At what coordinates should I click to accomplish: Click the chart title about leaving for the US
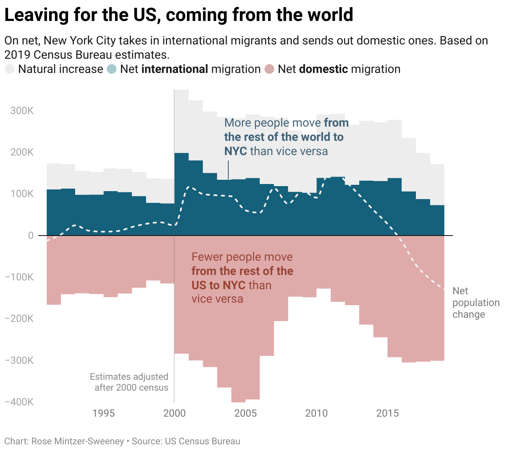click(x=178, y=15)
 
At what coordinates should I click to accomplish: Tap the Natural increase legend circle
click(x=10, y=69)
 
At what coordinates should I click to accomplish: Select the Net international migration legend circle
click(x=112, y=69)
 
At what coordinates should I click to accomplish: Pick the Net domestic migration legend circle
click(x=270, y=69)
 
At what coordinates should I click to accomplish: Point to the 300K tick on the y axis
click(x=22, y=111)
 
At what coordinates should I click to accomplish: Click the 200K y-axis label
click(x=22, y=152)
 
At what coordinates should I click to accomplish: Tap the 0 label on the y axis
click(x=31, y=236)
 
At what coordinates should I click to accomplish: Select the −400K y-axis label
click(x=19, y=402)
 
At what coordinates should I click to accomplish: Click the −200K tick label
click(x=19, y=319)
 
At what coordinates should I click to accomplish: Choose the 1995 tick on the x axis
click(x=104, y=413)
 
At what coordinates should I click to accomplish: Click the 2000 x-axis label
click(x=174, y=413)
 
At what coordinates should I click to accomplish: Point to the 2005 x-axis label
click(x=246, y=413)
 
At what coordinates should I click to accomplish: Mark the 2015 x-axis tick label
click(x=387, y=413)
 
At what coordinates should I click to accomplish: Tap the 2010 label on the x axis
click(x=316, y=413)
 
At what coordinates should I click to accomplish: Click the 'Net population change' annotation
click(x=475, y=303)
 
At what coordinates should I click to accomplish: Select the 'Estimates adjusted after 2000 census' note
click(x=129, y=382)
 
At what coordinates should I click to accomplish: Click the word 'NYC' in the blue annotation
click(x=235, y=151)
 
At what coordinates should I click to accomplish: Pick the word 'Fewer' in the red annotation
click(x=207, y=257)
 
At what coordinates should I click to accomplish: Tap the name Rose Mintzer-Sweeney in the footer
click(x=78, y=441)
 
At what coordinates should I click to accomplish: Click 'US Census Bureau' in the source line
click(x=202, y=441)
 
